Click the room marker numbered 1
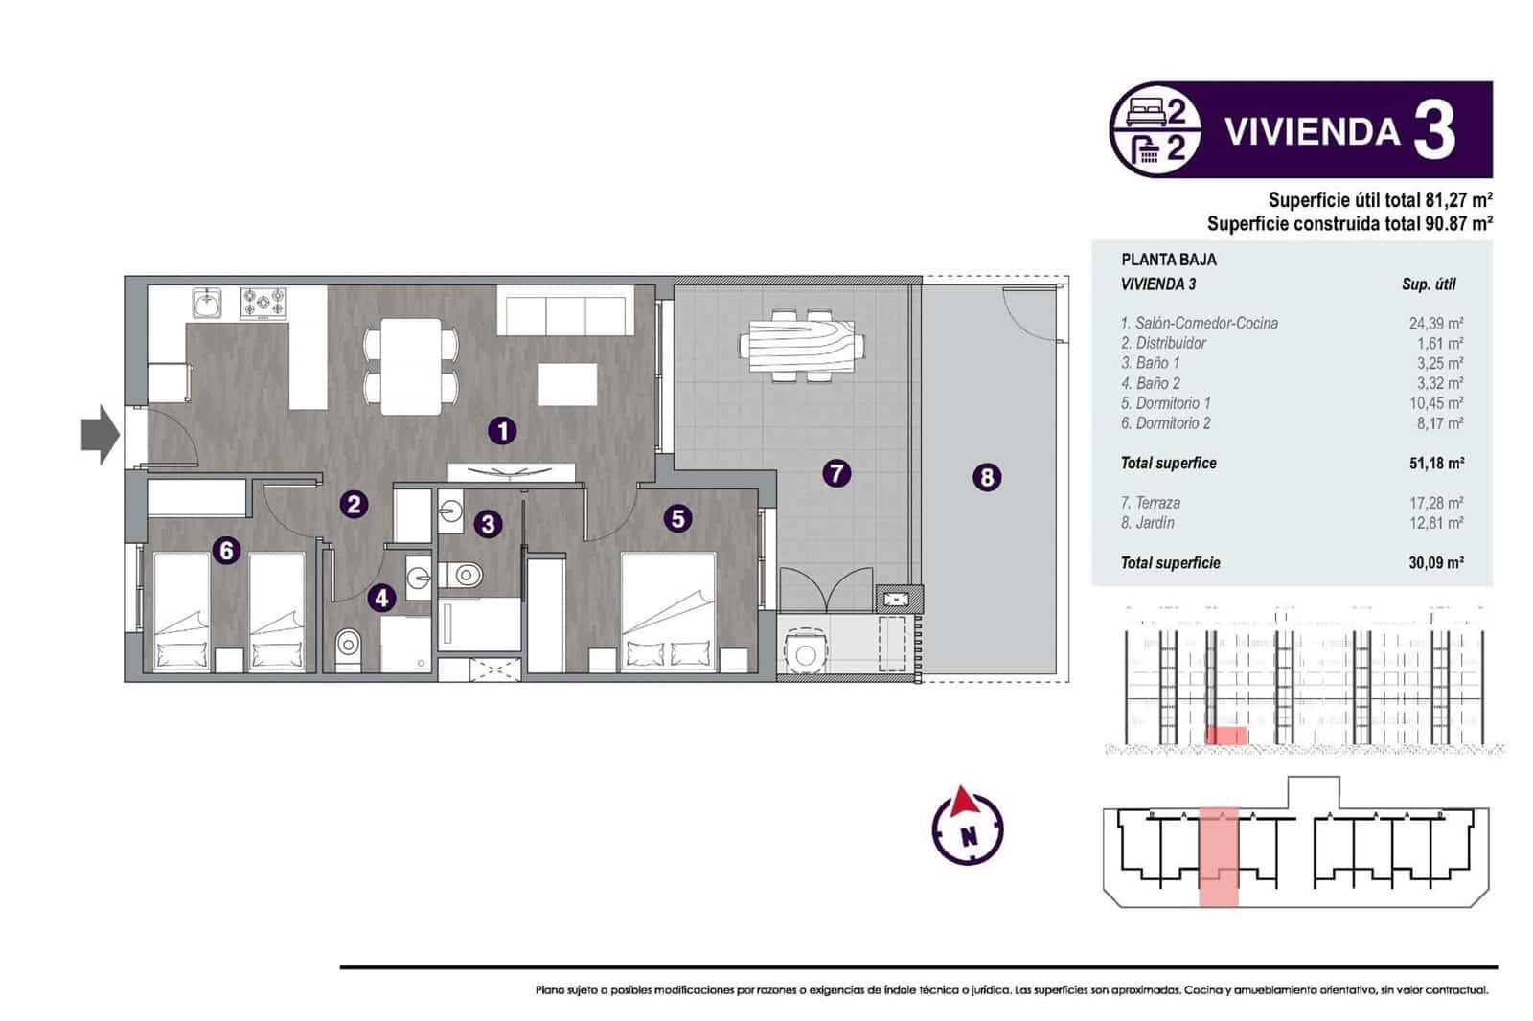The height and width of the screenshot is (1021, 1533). pyautogui.click(x=502, y=431)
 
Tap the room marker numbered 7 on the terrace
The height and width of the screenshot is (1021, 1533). pyautogui.click(x=836, y=472)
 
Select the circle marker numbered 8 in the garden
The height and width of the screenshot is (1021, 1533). pyautogui.click(x=987, y=476)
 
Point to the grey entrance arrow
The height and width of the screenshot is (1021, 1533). pyautogui.click(x=100, y=435)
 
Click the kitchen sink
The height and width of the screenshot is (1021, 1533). pyautogui.click(x=207, y=304)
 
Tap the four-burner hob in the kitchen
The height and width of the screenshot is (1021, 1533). pyautogui.click(x=263, y=304)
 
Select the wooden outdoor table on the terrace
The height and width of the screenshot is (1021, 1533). pyautogui.click(x=801, y=345)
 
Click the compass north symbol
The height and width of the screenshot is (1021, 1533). pyautogui.click(x=968, y=826)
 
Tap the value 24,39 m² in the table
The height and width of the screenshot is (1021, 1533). pyautogui.click(x=1435, y=324)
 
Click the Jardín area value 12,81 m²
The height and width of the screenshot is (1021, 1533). pyautogui.click(x=1435, y=523)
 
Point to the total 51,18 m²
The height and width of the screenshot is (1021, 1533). pyautogui.click(x=1435, y=464)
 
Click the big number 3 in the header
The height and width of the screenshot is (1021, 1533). pyautogui.click(x=1434, y=131)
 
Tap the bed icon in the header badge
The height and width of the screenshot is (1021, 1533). pyautogui.click(x=1145, y=112)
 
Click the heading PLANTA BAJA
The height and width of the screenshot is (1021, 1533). pyautogui.click(x=1168, y=260)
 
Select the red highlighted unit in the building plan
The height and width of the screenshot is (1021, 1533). pyautogui.click(x=1219, y=856)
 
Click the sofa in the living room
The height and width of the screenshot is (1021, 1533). pyautogui.click(x=564, y=315)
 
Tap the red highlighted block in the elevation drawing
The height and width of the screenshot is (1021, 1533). pyautogui.click(x=1225, y=736)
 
